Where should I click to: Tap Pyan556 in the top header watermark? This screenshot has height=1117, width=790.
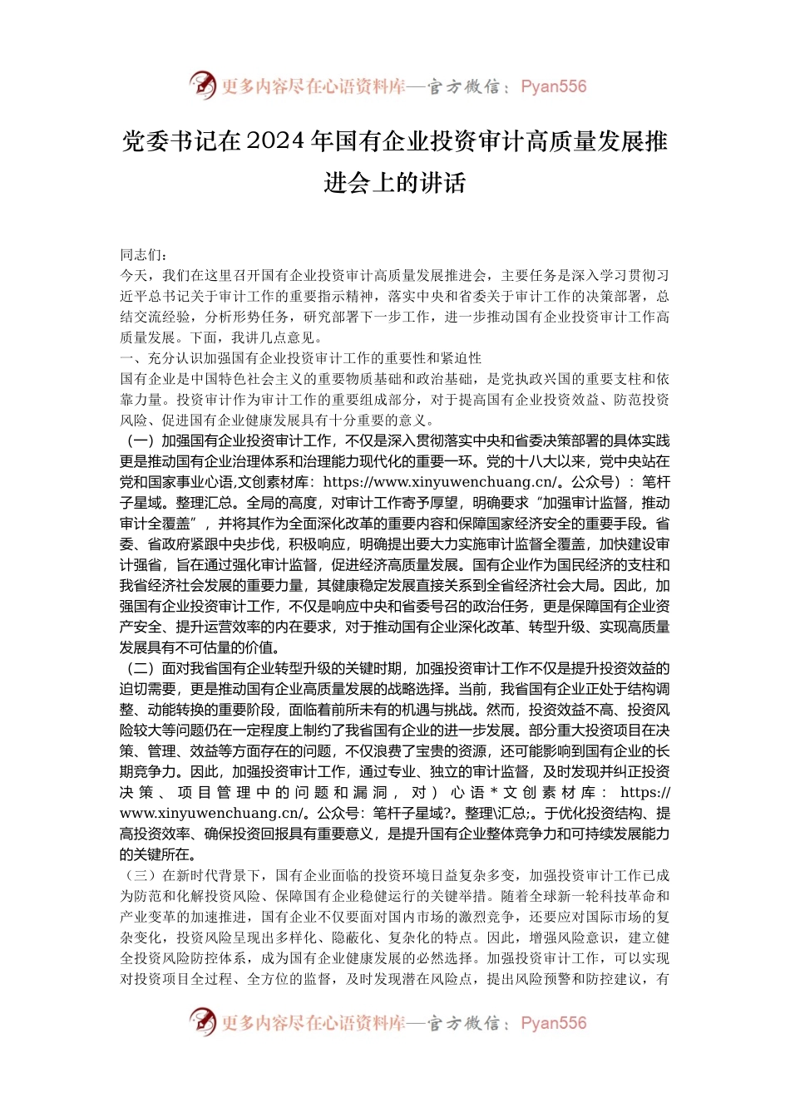pos(553,86)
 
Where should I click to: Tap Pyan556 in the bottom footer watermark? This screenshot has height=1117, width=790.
pos(553,1023)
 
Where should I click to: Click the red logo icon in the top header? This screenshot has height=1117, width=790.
pos(202,86)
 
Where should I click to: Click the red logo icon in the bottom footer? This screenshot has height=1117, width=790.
pos(202,1022)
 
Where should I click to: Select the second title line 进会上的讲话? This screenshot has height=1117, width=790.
pos(395,183)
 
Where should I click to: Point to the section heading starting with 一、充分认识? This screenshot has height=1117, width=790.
pos(301,358)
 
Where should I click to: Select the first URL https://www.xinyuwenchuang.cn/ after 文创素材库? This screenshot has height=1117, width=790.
pos(440,483)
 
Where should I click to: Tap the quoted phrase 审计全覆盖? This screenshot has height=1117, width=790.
pos(156,524)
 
